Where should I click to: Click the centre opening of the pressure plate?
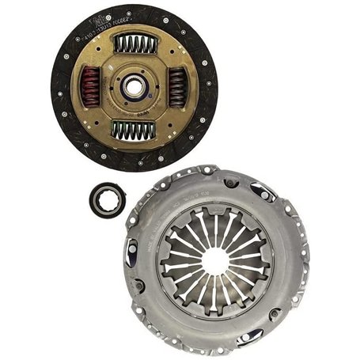point(214,259)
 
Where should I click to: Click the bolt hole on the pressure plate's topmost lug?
point(207,169)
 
